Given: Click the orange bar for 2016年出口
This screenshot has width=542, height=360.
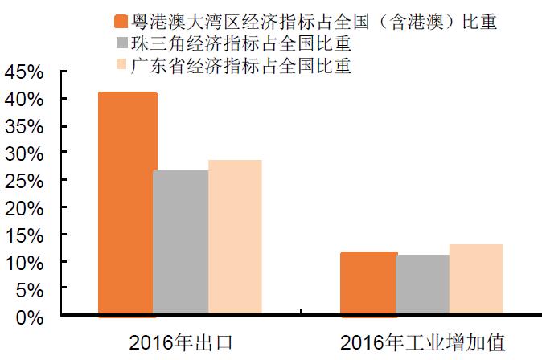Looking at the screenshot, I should click(127, 204).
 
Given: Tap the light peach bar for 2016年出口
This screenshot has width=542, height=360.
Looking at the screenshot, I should click(235, 238).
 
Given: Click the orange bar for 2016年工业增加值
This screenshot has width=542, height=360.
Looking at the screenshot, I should click(368, 284).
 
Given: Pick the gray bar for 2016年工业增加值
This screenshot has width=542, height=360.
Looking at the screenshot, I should click(422, 286).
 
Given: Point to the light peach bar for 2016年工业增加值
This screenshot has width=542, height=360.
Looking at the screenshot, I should click(476, 280).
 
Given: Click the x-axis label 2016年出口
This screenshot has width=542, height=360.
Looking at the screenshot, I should click(181, 343).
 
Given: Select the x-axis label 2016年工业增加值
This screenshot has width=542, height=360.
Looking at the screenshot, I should click(423, 343).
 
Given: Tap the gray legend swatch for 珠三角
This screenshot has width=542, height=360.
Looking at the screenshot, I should click(122, 43).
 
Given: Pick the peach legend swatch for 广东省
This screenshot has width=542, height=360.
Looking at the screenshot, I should click(122, 64).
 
